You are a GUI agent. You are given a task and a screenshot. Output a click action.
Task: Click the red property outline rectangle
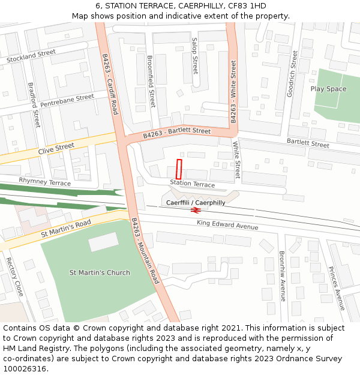tap(178, 169)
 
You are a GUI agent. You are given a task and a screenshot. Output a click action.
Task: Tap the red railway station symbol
tap(195, 210)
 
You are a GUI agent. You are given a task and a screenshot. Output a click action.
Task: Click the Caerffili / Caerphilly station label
tap(196, 203)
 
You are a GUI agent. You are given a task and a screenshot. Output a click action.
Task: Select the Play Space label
tap(328, 89)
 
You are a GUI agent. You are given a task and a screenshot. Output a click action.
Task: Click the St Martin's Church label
tap(100, 273)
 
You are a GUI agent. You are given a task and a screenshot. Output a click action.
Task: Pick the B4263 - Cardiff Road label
tap(110, 84)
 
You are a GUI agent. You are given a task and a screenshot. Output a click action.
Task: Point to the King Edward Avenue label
tap(227, 225)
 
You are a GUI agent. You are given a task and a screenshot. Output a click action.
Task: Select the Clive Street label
tap(56, 148)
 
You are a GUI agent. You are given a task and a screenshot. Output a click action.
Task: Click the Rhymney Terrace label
tap(44, 181)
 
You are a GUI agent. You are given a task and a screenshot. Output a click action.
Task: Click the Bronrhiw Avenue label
tap(282, 276)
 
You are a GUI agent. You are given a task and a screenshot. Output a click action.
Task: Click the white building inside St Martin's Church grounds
tap(104, 242)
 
